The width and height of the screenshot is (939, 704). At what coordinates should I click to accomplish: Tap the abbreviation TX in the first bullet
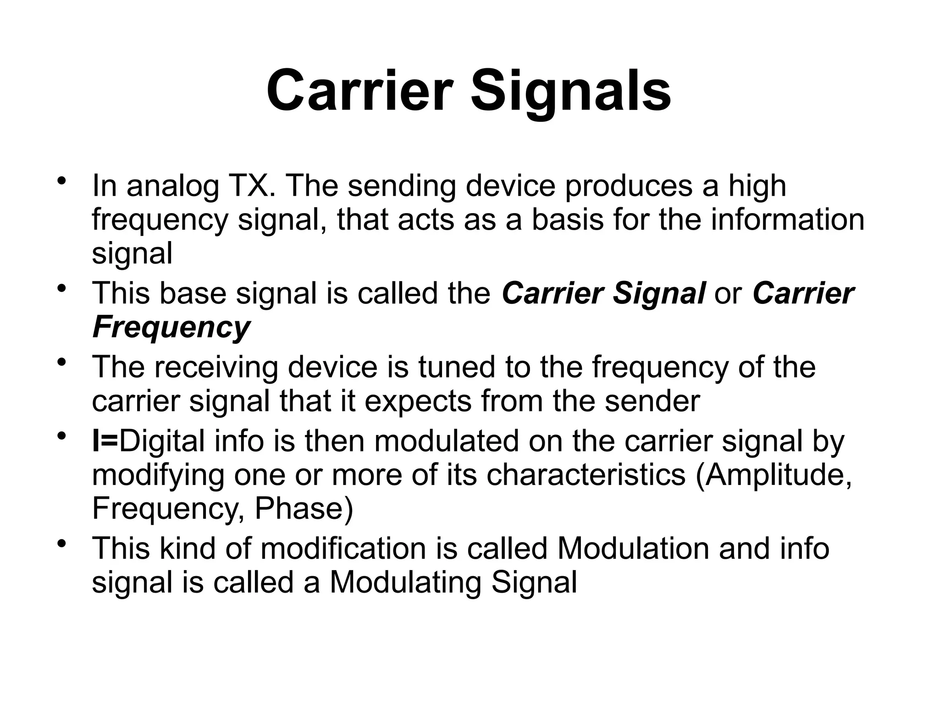tap(251, 186)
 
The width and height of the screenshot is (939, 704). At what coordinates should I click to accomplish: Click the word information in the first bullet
tap(787, 220)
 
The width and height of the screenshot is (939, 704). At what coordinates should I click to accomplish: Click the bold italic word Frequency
tap(171, 327)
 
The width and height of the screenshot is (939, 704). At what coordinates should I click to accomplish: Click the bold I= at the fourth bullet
tap(105, 441)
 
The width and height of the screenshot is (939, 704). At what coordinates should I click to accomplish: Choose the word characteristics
tap(585, 475)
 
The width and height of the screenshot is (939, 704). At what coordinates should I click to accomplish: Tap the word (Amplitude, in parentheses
tap(774, 475)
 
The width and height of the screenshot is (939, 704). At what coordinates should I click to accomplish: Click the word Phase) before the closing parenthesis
tap(304, 509)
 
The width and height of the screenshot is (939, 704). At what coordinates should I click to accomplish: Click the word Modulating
tap(406, 582)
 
